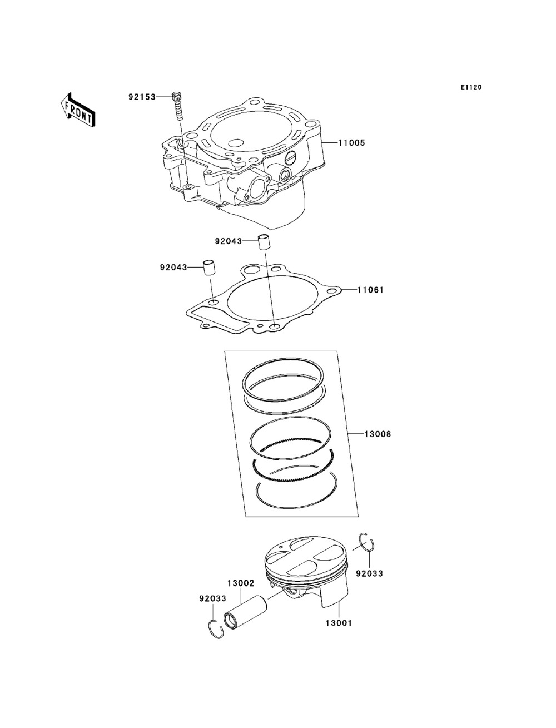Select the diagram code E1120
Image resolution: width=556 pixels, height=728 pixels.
click(x=470, y=87)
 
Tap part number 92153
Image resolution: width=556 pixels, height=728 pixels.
click(x=142, y=97)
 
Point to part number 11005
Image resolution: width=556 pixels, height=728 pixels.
click(x=351, y=143)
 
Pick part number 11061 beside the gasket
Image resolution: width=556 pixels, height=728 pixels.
click(x=370, y=290)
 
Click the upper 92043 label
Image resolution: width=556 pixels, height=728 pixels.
click(x=229, y=241)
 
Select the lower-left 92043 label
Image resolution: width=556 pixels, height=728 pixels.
click(x=173, y=268)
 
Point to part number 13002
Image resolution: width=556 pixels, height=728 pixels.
click(x=240, y=583)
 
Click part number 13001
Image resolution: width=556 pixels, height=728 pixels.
click(x=338, y=623)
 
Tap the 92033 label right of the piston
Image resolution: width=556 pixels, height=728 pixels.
click(x=369, y=573)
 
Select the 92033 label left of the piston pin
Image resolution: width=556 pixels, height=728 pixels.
click(x=213, y=598)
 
